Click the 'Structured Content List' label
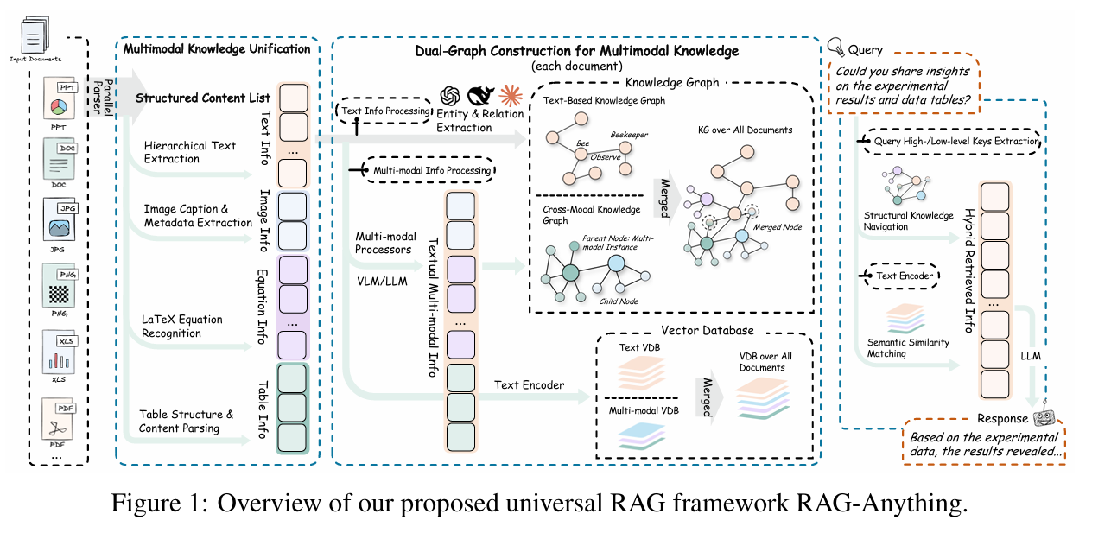pos(203,98)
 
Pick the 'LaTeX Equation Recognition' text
pos(183,326)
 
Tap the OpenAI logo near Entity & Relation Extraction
pos(451,96)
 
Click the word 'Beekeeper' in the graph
pos(629,136)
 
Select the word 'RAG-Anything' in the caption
pos(891,504)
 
